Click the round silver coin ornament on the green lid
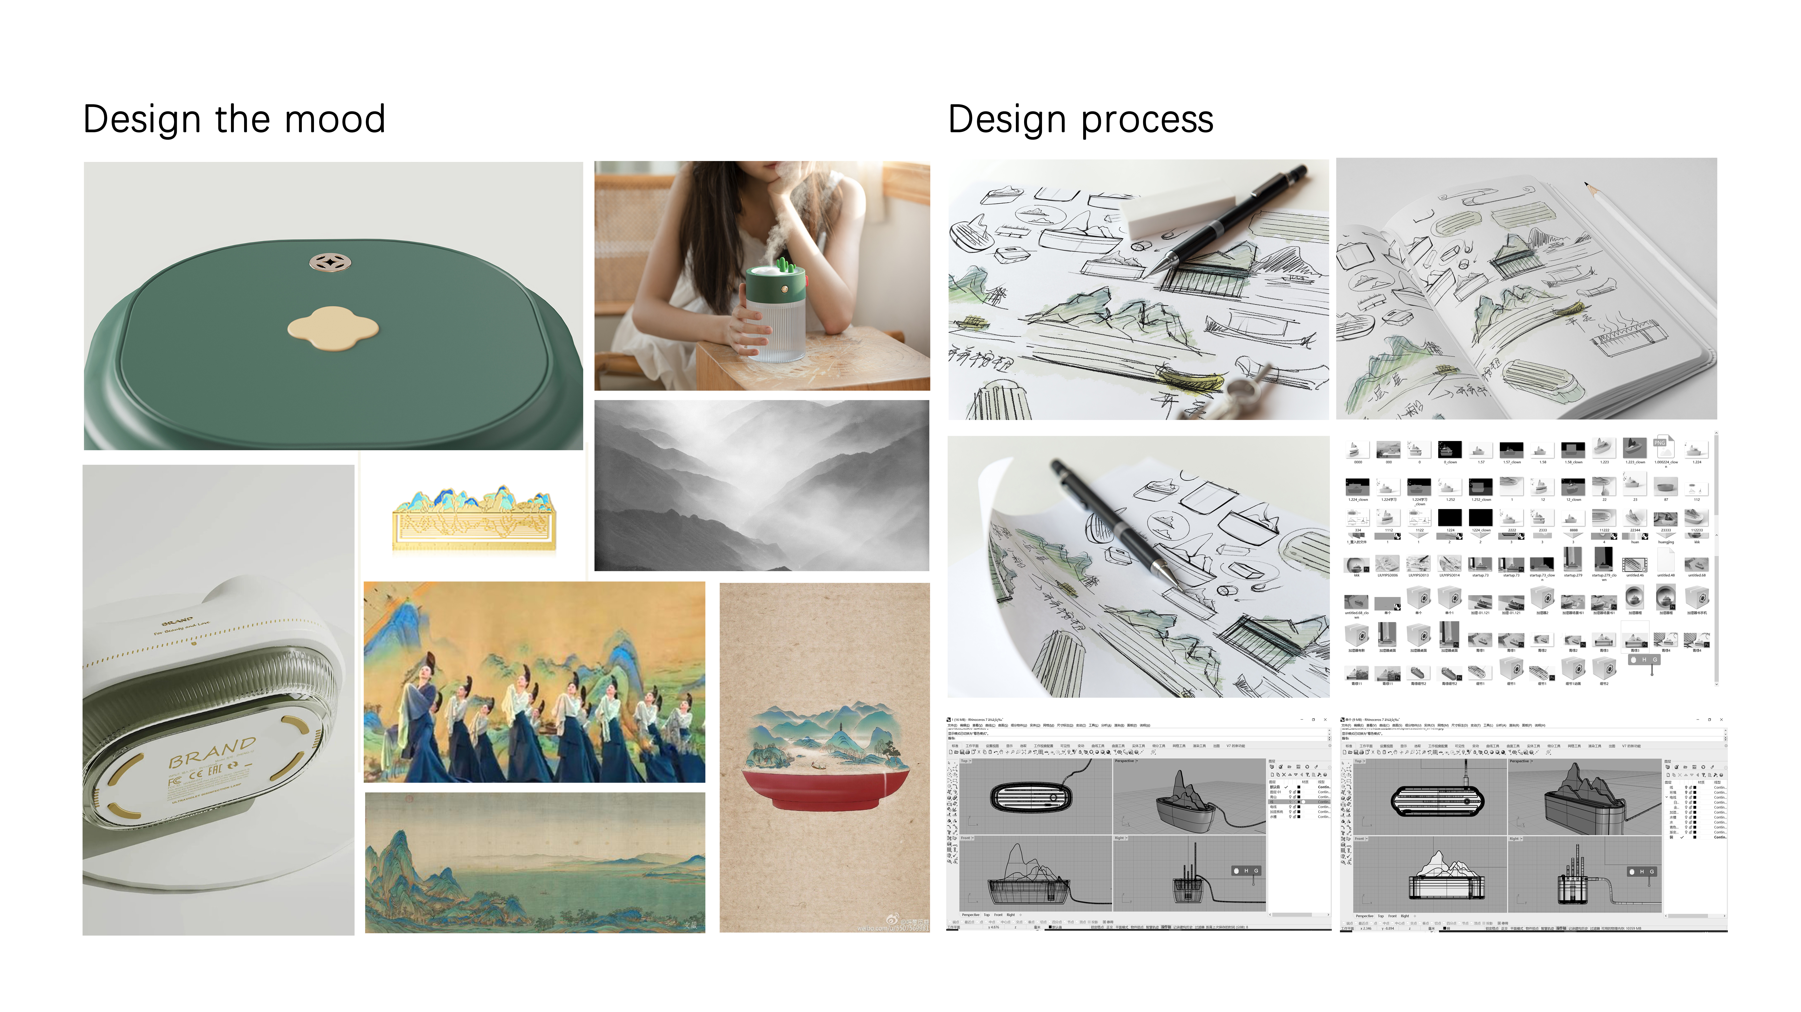click(330, 263)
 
